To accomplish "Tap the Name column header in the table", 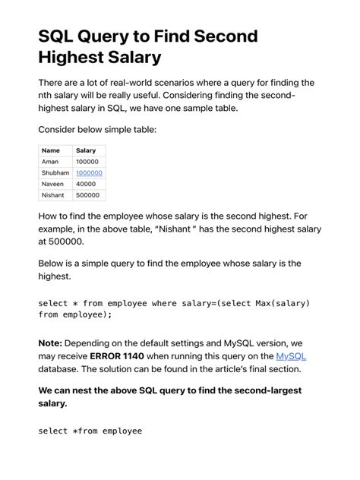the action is click(51, 150).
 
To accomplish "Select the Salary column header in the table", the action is click(86, 150).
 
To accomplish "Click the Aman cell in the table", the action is click(50, 162).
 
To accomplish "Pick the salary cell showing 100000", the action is click(88, 162).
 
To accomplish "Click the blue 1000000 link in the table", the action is click(89, 173).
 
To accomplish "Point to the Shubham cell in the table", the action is click(55, 173).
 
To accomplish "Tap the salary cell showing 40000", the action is click(86, 184).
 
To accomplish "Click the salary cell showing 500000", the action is click(88, 195).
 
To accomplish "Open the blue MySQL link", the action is click(291, 355).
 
